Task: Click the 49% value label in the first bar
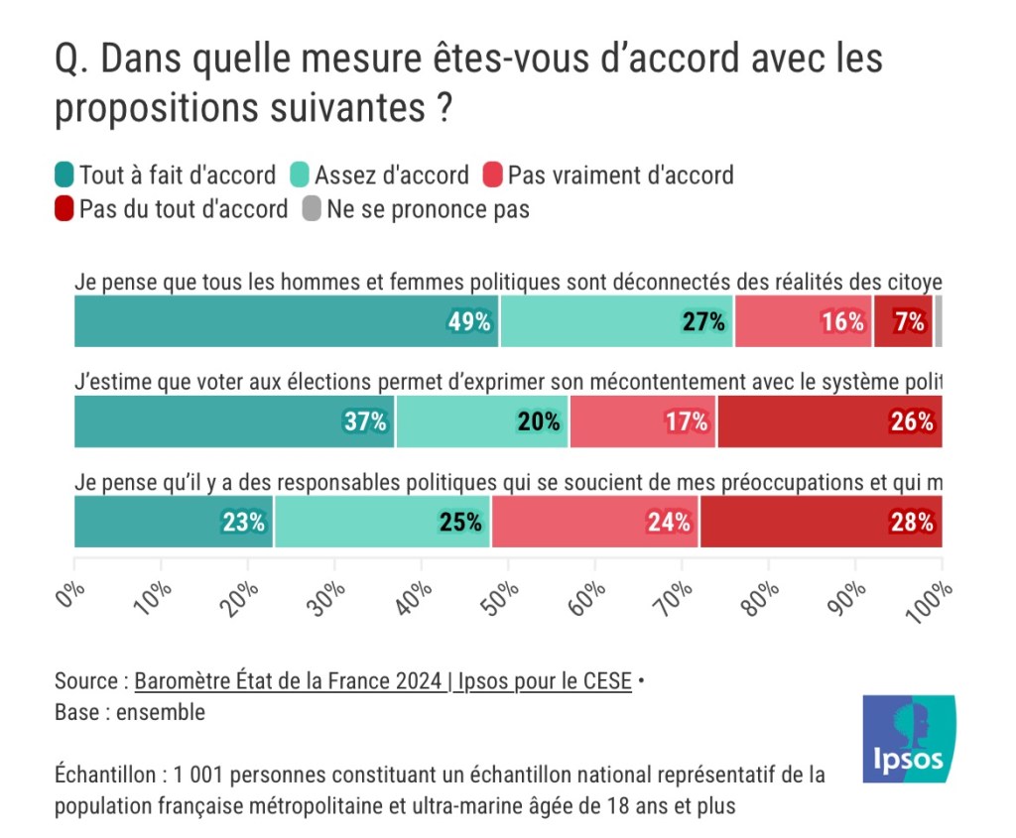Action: point(470,321)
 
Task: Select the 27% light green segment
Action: point(616,321)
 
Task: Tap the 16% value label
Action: point(842,321)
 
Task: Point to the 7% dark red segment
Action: point(903,321)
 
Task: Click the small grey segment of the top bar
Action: point(938,321)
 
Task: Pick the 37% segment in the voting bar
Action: point(234,420)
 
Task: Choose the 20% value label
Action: point(539,421)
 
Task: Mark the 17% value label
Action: point(687,421)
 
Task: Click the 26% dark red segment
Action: point(829,420)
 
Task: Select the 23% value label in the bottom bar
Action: point(244,522)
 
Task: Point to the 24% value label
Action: point(669,522)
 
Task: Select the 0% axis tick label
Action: point(71,597)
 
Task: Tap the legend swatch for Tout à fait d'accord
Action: point(64,176)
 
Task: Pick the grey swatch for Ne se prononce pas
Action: point(311,209)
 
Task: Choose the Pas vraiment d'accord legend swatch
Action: point(493,176)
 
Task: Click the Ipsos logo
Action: point(909,739)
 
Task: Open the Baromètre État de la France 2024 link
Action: point(382,681)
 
